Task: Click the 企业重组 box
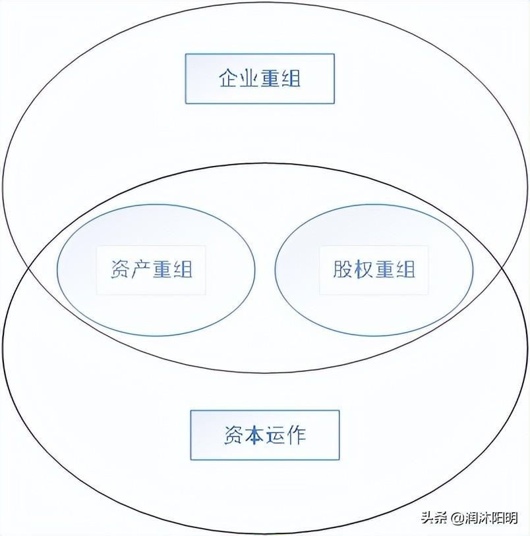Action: pos(260,79)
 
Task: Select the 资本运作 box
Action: pos(265,435)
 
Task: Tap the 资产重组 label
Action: pos(151,270)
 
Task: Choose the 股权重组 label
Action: pos(374,270)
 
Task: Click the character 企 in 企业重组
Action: pos(228,79)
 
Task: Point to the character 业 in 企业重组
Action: pos(249,79)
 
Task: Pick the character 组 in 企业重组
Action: pos(291,79)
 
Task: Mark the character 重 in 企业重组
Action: pos(270,79)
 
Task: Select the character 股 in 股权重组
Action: pos(342,270)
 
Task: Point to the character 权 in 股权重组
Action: pos(363,270)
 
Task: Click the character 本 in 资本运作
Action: pos(254,435)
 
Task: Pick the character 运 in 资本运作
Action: pos(276,435)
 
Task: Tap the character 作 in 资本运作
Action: pos(297,435)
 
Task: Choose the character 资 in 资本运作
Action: pos(233,435)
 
